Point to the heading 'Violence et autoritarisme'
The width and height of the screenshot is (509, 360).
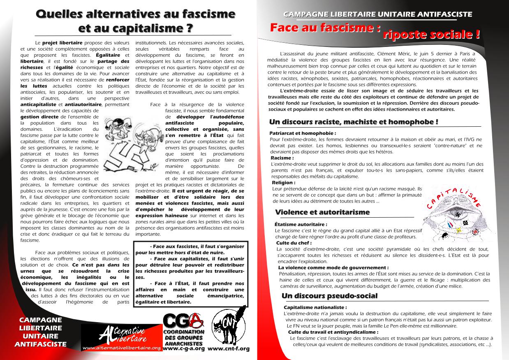[322, 212]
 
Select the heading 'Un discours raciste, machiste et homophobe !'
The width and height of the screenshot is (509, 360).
[353, 122]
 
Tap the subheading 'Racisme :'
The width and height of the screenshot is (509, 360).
[282, 158]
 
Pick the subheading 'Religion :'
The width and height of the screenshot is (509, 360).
[283, 182]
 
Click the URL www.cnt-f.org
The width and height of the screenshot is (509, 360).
[229, 348]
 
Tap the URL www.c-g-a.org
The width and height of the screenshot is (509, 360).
[183, 348]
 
